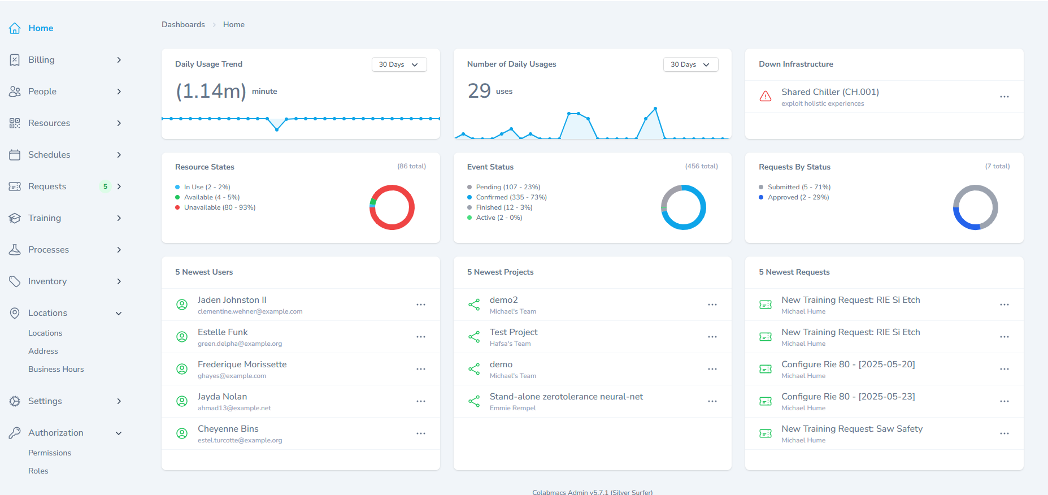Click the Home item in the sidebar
click(x=40, y=28)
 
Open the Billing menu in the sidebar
click(x=41, y=60)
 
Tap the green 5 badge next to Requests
click(x=105, y=186)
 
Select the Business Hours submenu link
click(x=56, y=369)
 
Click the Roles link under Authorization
click(x=38, y=471)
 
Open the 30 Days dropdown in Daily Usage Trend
click(x=398, y=64)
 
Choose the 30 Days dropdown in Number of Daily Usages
click(x=690, y=64)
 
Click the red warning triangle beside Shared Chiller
click(x=765, y=97)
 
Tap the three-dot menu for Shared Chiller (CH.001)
click(x=1004, y=97)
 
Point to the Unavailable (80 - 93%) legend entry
click(x=219, y=207)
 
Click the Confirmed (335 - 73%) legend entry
click(x=511, y=197)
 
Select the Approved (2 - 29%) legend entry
click(x=798, y=197)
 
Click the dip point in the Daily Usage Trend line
click(x=277, y=129)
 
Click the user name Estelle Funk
click(x=223, y=332)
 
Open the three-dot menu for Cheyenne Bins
click(x=420, y=433)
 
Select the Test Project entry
click(x=513, y=332)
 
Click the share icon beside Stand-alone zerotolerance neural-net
click(x=474, y=401)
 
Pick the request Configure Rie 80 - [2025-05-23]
click(x=847, y=397)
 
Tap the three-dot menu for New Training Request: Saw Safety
click(x=1004, y=433)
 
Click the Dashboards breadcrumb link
click(x=183, y=25)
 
